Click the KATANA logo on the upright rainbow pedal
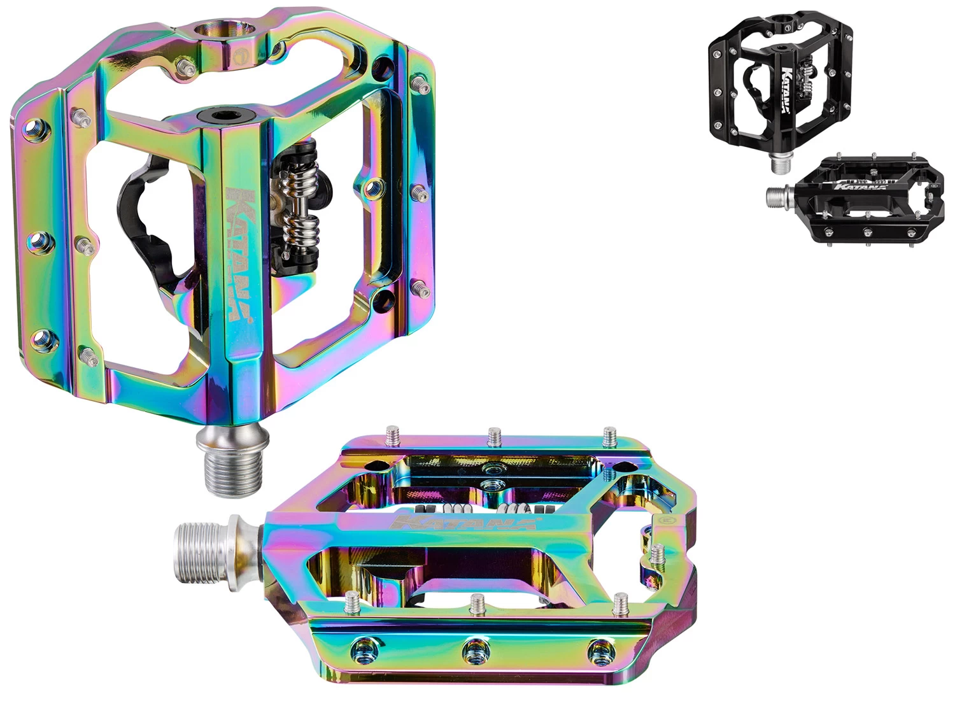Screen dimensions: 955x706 pos(240,253)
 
